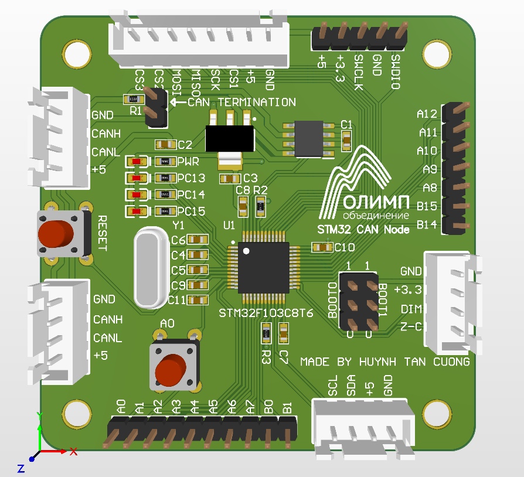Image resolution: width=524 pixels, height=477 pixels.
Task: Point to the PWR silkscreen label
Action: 188,162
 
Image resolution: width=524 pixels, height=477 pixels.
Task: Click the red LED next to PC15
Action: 136,212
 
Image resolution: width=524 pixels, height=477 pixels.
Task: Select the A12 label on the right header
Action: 427,114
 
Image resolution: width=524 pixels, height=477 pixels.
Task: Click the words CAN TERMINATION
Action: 241,102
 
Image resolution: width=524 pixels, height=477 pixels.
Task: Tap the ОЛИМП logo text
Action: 375,202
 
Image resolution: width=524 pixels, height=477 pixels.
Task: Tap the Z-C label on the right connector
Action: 411,326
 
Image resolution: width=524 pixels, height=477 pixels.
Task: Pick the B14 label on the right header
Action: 427,224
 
